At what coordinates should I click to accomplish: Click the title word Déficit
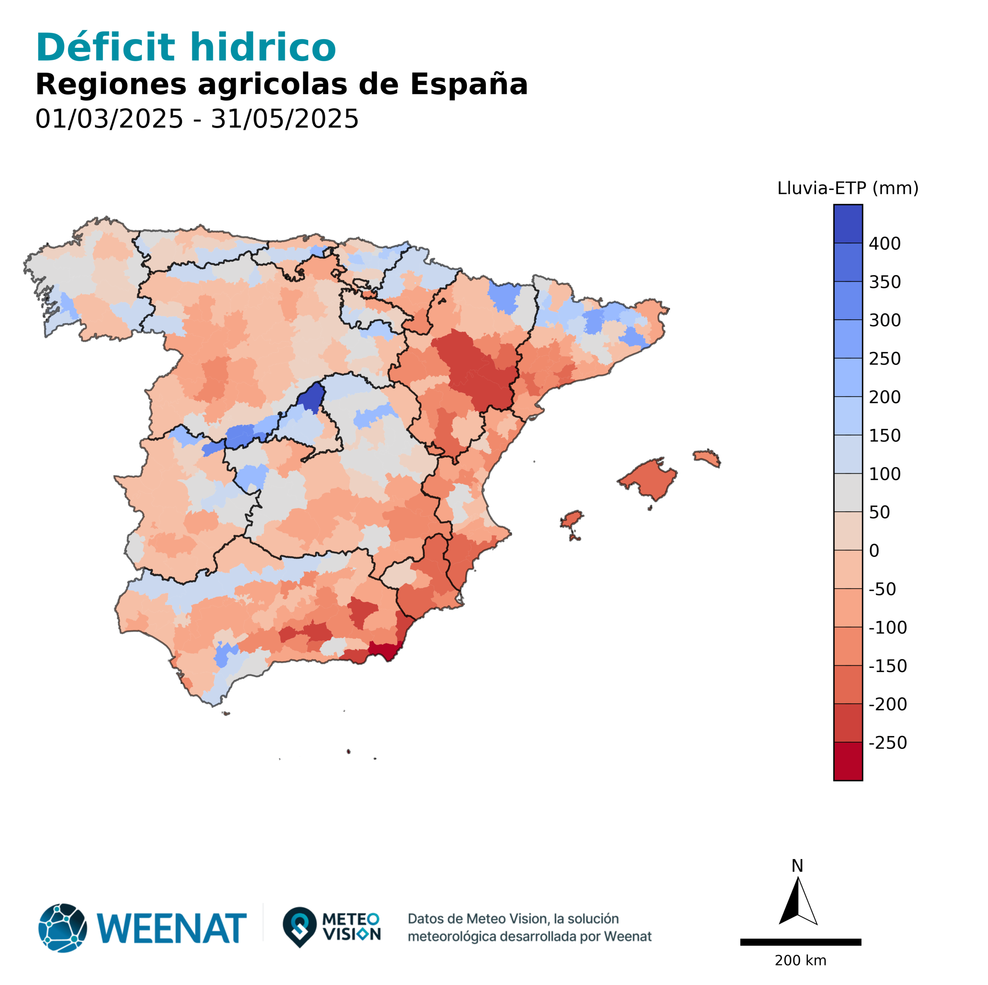105,47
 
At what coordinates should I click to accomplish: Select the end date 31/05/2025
284,119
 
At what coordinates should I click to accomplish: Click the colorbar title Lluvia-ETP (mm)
848,188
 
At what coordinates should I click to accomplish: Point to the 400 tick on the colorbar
885,244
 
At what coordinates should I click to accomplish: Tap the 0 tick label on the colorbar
874,551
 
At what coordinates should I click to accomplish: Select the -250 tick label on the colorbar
887,743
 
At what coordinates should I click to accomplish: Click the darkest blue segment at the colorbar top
848,223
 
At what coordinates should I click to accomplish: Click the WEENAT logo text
171,928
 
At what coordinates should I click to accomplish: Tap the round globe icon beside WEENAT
63,928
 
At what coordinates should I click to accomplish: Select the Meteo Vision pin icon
299,927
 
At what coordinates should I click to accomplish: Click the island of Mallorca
650,478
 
